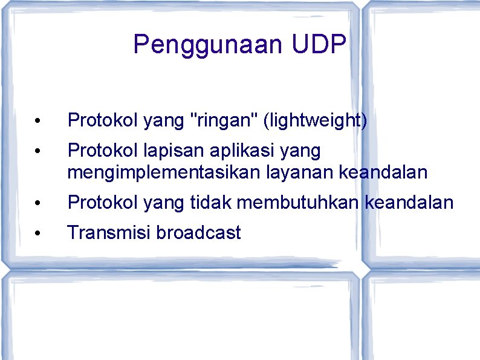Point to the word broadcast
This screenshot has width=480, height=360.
click(198, 232)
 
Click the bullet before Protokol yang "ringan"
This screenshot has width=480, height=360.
click(37, 122)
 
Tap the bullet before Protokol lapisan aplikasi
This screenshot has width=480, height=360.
click(37, 151)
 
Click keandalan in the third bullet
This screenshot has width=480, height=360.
click(409, 203)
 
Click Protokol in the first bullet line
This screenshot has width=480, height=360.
click(103, 120)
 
